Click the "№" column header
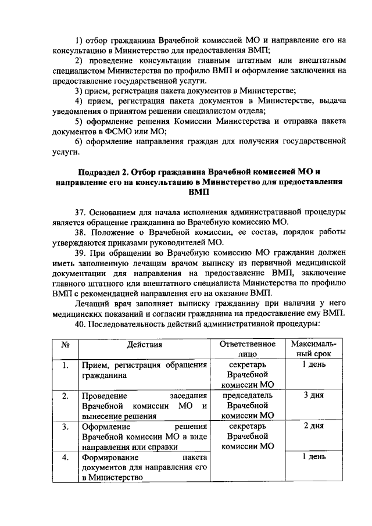pos(66,344)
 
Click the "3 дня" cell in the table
pos(313,395)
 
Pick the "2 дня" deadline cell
pos(313,426)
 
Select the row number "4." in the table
pos(66,457)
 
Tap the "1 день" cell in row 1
pos(313,364)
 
